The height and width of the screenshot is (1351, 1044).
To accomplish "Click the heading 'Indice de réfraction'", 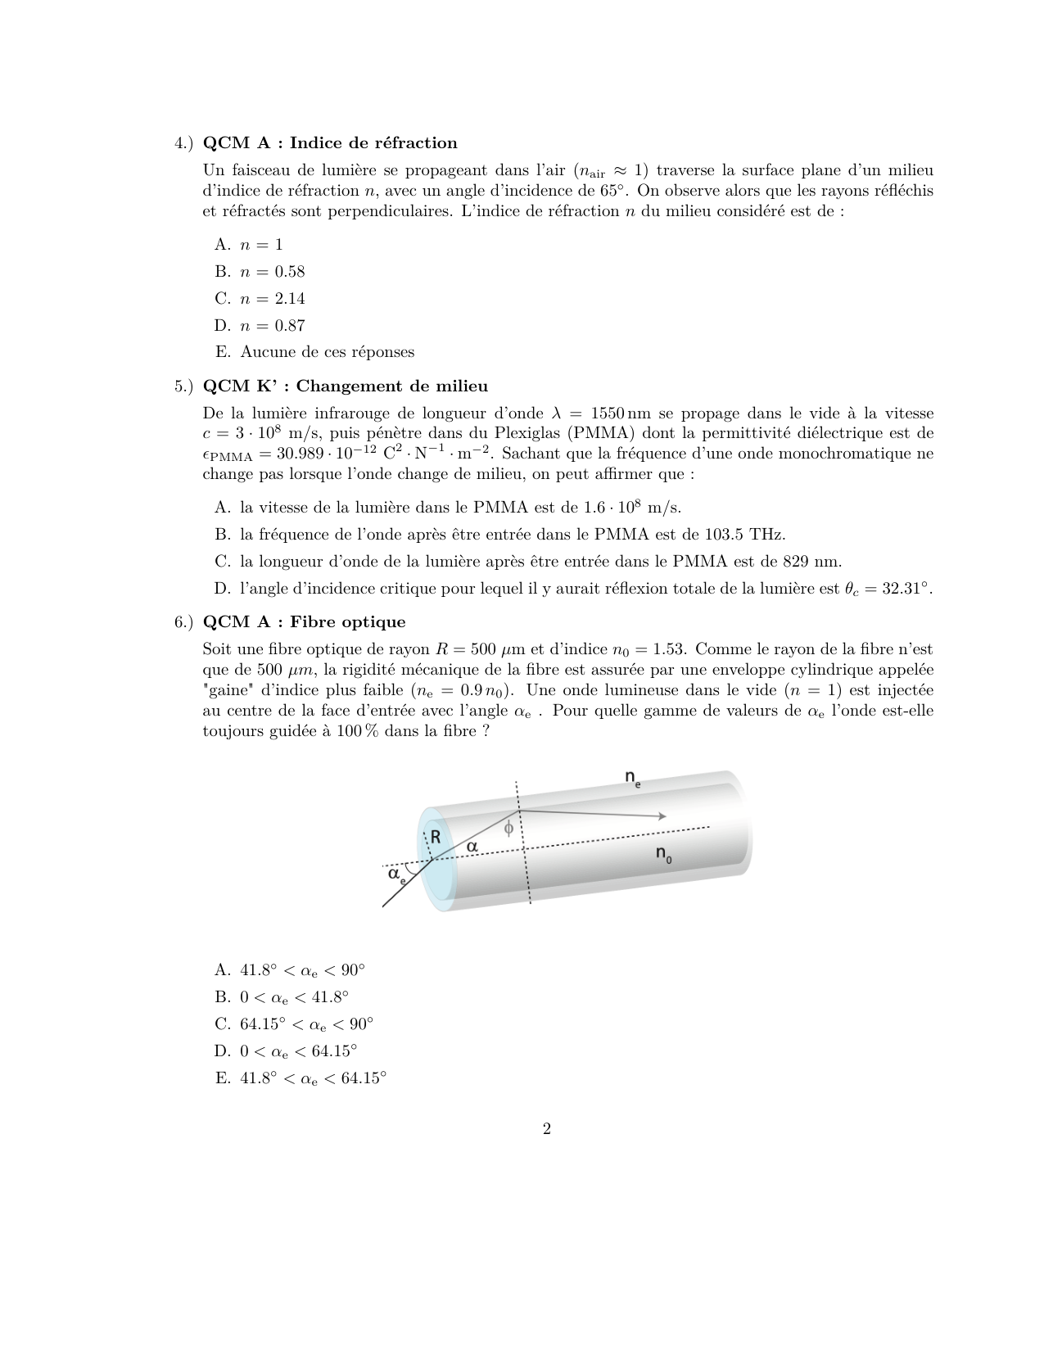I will click(x=373, y=143).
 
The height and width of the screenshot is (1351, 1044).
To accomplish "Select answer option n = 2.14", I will click(x=272, y=299).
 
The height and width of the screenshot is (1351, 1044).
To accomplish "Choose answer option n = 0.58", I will click(x=272, y=272).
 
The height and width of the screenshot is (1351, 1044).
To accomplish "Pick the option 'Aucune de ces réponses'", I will click(x=327, y=352).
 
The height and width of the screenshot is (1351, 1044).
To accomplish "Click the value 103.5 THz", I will click(x=744, y=535).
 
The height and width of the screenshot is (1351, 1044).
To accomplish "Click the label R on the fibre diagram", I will click(x=436, y=837).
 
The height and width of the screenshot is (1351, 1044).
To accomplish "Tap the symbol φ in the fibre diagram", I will click(x=508, y=828).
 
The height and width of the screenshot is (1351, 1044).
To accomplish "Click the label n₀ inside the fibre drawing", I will click(x=663, y=855).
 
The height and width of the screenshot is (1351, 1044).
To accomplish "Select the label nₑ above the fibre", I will click(x=633, y=778).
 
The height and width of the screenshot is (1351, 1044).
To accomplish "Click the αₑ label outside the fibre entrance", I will click(x=396, y=875).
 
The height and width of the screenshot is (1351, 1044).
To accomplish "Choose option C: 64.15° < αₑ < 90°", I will click(x=305, y=1024).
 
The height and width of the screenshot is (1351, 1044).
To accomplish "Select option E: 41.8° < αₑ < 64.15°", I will click(x=312, y=1078).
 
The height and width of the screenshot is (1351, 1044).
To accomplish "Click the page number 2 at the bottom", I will click(x=546, y=1130).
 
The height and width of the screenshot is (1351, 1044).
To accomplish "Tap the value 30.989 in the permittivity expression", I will click(x=301, y=454).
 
